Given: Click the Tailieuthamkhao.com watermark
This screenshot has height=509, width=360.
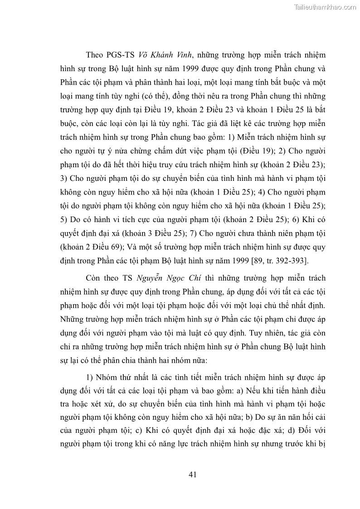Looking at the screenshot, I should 326,7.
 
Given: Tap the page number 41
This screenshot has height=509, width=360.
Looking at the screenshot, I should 192,475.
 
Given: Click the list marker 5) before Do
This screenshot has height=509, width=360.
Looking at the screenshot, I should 64,220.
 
